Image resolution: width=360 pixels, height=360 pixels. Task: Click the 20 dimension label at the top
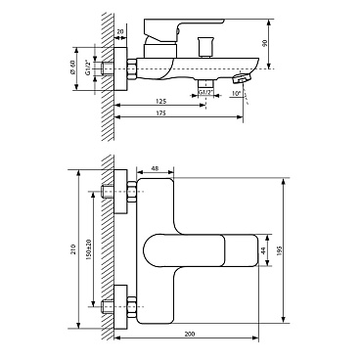click(x=120, y=31)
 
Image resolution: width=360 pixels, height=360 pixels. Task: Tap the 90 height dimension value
click(x=264, y=43)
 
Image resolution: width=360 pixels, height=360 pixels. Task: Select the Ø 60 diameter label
click(x=72, y=67)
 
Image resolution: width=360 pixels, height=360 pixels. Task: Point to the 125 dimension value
click(x=161, y=101)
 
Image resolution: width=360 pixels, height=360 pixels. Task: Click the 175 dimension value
click(x=161, y=113)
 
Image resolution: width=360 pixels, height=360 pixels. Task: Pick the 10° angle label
click(x=236, y=93)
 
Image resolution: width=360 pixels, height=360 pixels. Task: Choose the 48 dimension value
click(x=156, y=168)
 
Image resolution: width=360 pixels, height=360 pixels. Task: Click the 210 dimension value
click(x=73, y=249)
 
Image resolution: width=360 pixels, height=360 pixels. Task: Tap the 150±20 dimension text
click(x=88, y=248)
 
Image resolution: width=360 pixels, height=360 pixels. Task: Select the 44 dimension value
click(x=264, y=250)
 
